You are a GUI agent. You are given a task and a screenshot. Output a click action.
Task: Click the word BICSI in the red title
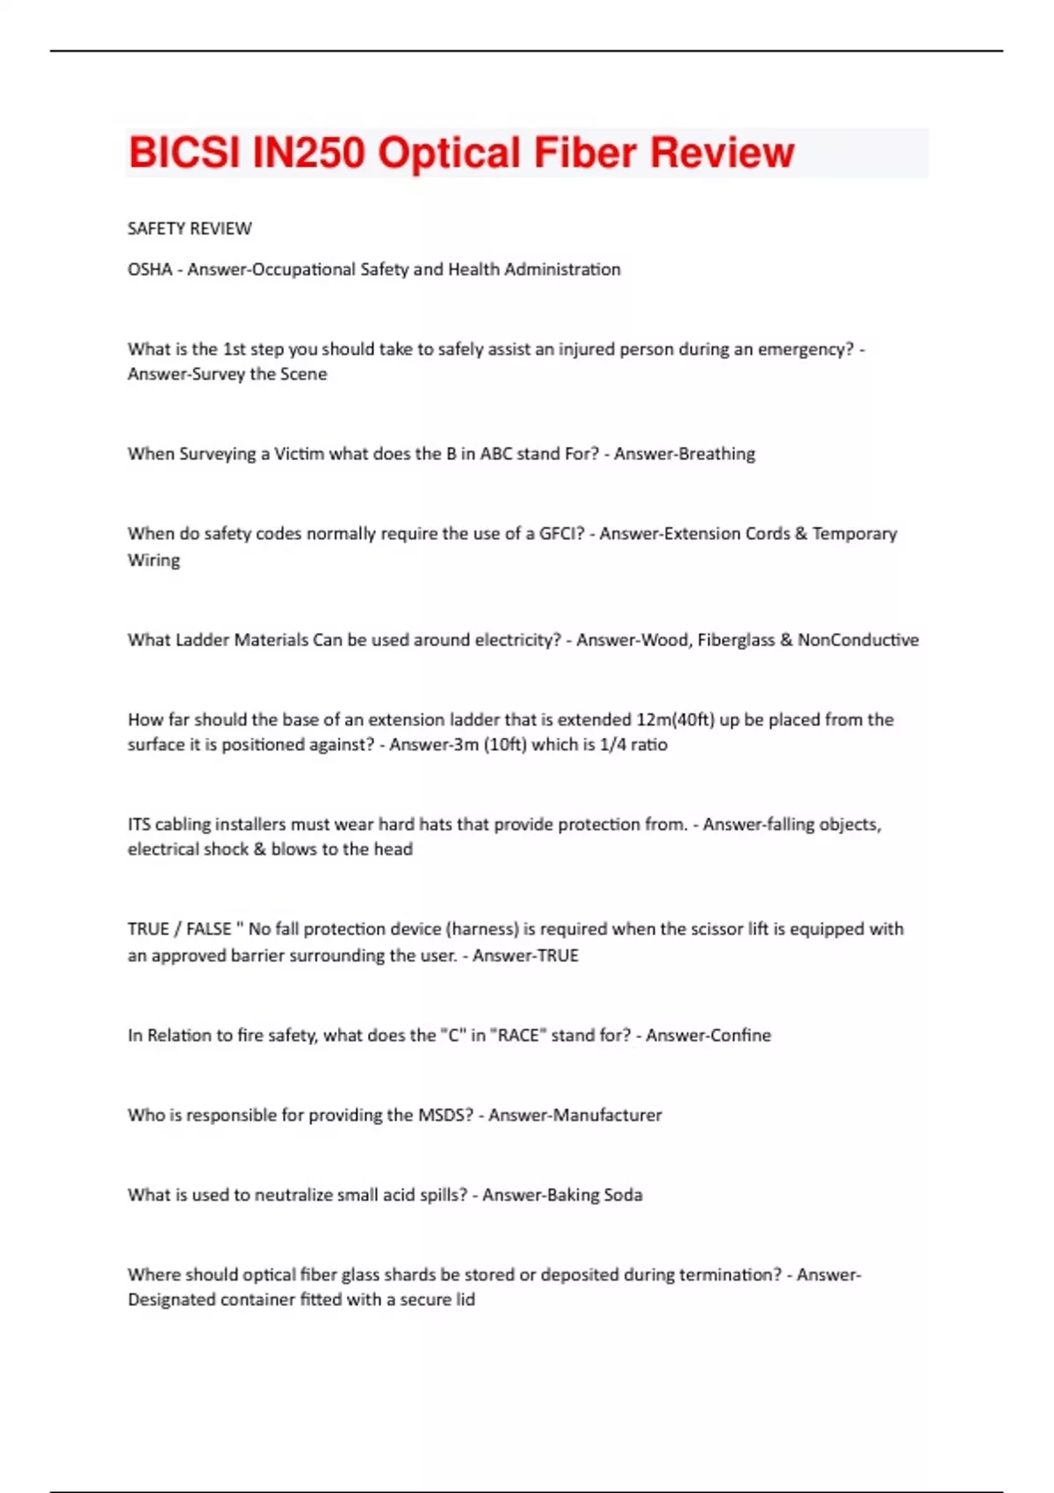[184, 153]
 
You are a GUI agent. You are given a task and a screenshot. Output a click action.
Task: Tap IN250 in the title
[308, 153]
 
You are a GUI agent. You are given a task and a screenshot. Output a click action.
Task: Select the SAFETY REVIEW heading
[190, 228]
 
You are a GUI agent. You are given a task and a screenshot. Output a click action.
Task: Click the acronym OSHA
[150, 269]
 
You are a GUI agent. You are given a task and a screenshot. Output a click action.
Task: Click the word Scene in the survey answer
[304, 373]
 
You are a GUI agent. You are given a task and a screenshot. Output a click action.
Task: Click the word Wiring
[154, 559]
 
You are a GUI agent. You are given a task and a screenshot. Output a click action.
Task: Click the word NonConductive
[858, 639]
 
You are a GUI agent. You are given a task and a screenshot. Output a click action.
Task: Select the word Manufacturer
[607, 1114]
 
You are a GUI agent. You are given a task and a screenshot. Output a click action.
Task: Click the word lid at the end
[464, 1299]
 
